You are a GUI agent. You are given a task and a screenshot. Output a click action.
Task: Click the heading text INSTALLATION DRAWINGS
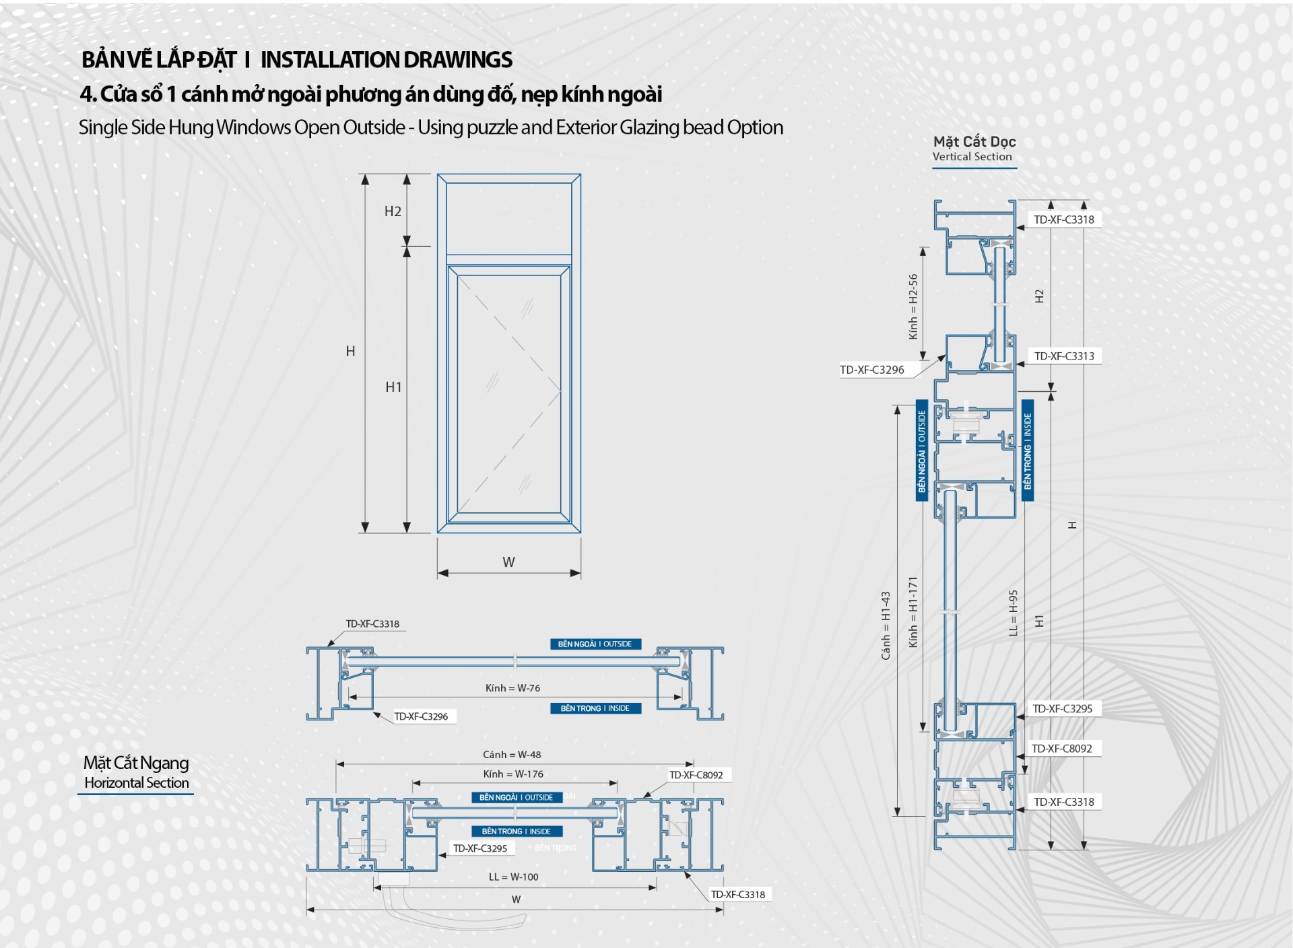coord(386,60)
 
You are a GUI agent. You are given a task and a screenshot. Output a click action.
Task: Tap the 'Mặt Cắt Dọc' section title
coord(974,141)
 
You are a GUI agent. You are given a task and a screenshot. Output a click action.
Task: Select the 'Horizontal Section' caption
coord(137,782)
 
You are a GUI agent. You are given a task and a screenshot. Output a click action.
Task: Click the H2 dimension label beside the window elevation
coord(393,211)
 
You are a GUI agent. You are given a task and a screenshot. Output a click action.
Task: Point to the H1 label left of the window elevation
coord(393,387)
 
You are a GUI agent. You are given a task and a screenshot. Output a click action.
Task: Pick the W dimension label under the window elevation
coord(508,562)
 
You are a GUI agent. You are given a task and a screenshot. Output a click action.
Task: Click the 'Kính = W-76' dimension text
coord(512,688)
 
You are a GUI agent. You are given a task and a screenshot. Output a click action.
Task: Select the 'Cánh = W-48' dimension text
coord(512,755)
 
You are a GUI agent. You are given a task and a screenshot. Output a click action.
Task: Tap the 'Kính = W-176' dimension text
coord(513,774)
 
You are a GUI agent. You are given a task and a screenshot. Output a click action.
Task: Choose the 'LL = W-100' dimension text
coord(513,877)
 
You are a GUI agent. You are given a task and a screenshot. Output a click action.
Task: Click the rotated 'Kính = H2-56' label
coord(913,306)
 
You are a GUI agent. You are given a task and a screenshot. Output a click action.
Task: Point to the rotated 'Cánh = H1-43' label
coord(886,625)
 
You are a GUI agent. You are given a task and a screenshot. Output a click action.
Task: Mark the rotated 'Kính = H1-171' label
coord(913,612)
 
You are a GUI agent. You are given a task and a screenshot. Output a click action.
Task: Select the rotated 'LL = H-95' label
coord(1014,613)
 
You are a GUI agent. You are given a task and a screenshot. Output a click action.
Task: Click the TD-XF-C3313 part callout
coord(1064,356)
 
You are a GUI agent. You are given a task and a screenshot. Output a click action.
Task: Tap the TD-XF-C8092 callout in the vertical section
coord(1062,749)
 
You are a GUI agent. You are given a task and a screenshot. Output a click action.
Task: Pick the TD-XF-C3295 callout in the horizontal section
coord(480,848)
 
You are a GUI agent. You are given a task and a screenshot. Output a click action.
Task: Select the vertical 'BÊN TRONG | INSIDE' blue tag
coord(1028,450)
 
